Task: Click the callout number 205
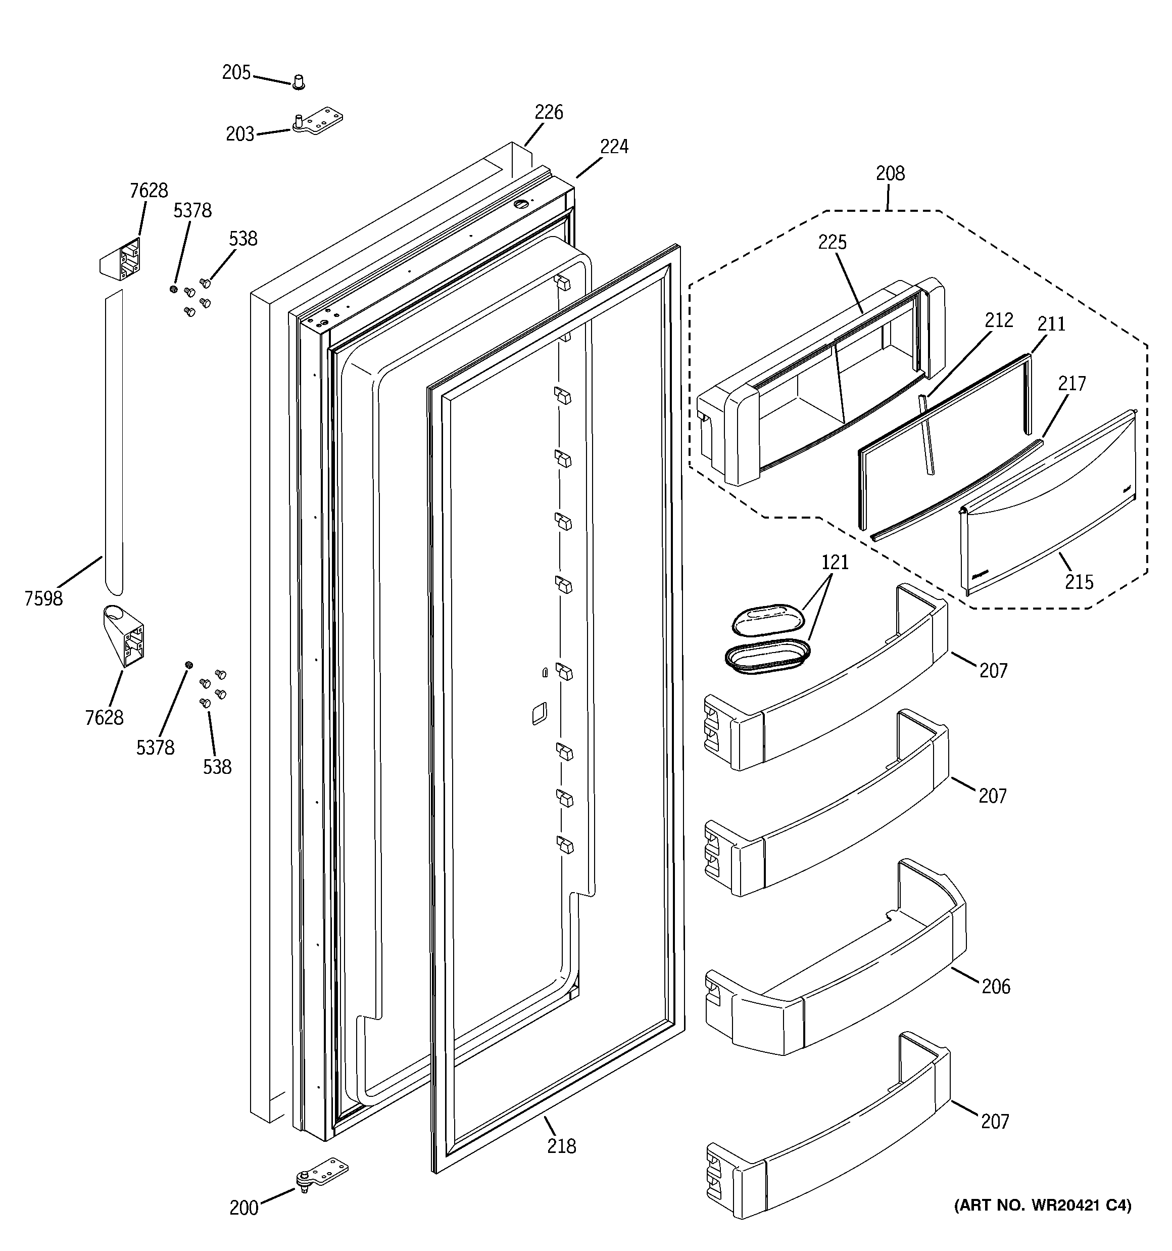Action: click(236, 73)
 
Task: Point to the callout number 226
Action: click(549, 113)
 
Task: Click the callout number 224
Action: click(613, 147)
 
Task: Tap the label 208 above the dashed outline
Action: click(890, 174)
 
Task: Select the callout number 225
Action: click(833, 242)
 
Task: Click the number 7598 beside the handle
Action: click(43, 598)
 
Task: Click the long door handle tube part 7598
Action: click(114, 440)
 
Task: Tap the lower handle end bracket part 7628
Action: click(124, 635)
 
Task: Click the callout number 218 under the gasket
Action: click(561, 1146)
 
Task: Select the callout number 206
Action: click(995, 986)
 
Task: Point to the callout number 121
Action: click(835, 563)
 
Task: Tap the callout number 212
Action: click(999, 320)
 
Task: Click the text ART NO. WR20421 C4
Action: click(1042, 1206)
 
